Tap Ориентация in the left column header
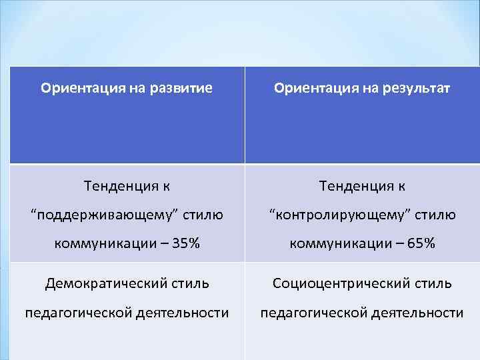[73, 87]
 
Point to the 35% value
[184, 243]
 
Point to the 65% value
[421, 243]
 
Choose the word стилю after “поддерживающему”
[203, 215]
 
